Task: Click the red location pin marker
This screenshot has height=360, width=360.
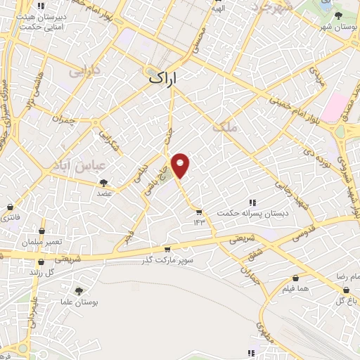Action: tap(181, 165)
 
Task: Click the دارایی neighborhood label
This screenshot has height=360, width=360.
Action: tap(84, 71)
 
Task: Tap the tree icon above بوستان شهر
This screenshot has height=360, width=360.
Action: tap(338, 15)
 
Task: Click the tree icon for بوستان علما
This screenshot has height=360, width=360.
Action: tap(79, 290)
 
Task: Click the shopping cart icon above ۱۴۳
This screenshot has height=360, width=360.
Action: tap(200, 212)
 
